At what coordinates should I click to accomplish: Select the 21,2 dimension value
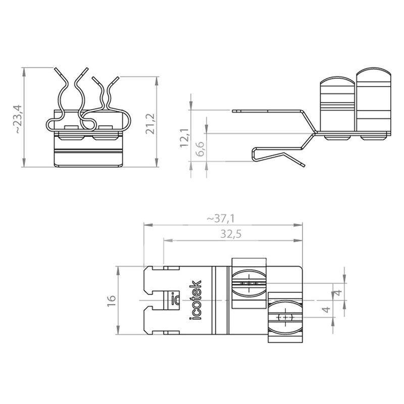pos(150,124)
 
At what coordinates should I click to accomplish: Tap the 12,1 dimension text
pos(184,138)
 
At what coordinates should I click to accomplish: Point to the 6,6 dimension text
pos(200,148)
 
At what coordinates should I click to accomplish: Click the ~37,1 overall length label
pos(221,219)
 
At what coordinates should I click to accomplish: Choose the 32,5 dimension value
pos(231,234)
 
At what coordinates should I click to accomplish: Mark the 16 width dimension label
pos(111,300)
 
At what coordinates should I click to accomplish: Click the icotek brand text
pos(196,300)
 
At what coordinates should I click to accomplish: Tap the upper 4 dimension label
pos(338,292)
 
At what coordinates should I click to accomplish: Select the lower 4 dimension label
pos(326,309)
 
